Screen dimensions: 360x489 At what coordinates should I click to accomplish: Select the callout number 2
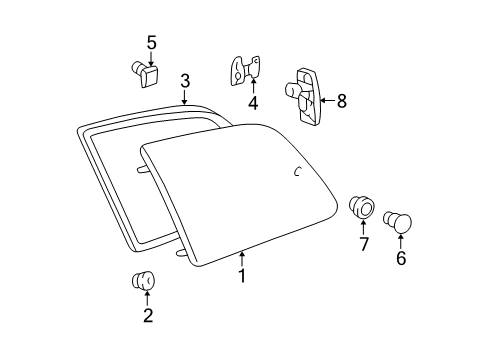148,315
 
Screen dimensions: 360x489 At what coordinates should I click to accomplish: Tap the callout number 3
185,80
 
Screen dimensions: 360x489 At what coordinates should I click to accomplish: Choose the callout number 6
401,257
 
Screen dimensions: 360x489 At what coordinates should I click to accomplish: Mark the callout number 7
363,244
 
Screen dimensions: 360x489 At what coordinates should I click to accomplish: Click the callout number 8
341,100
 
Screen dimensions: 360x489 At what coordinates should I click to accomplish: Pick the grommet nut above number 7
364,209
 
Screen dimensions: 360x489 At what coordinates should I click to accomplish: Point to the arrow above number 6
401,239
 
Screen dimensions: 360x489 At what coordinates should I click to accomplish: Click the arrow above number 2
148,297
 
